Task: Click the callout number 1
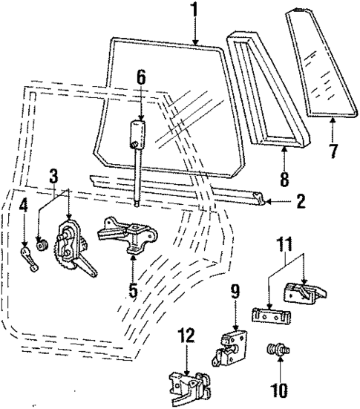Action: [194, 10]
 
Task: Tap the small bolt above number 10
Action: [279, 348]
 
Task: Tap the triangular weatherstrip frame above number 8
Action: [260, 89]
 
